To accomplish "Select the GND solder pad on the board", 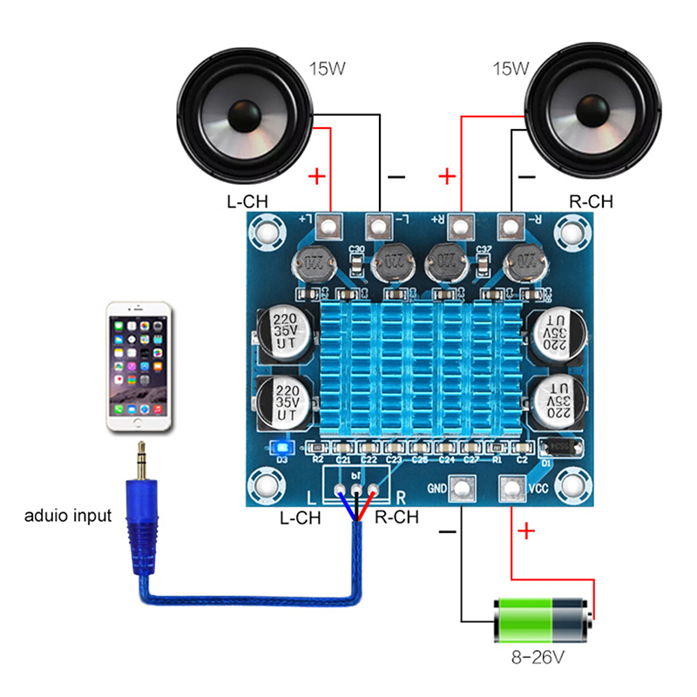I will (x=462, y=491).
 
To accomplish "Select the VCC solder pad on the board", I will (x=511, y=491).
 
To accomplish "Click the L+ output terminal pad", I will (x=329, y=228).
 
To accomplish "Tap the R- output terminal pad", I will (x=511, y=228).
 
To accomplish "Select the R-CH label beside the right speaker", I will (x=591, y=201).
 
